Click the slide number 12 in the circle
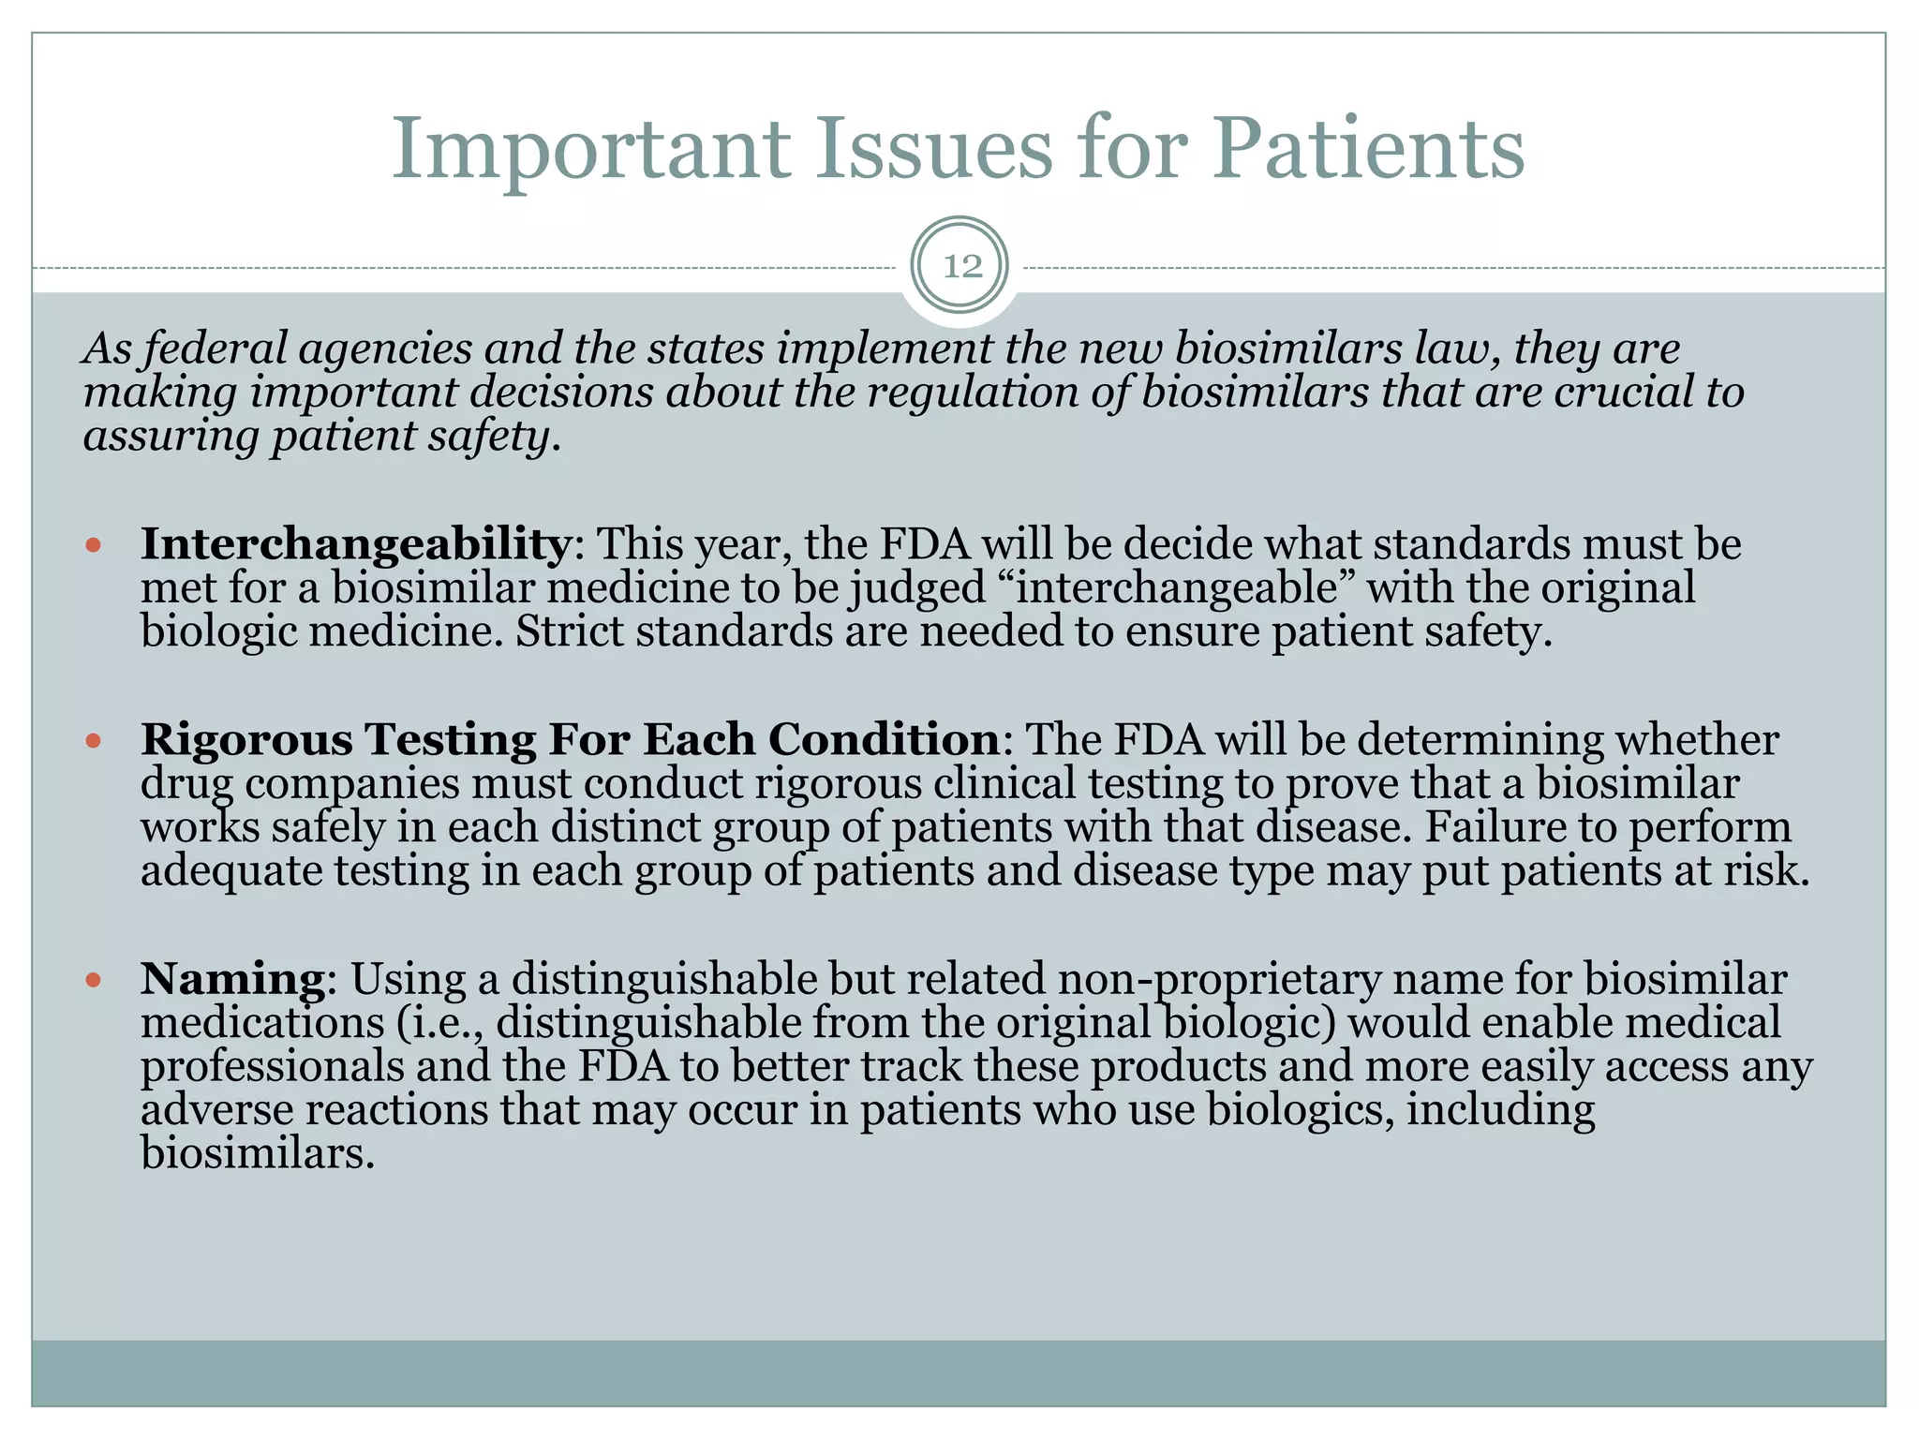(961, 267)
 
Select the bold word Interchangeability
(355, 544)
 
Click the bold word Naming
(232, 979)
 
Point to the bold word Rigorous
(246, 740)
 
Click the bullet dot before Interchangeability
(92, 544)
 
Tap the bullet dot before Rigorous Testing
(92, 740)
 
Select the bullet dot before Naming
(92, 980)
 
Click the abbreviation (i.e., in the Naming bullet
(439, 1023)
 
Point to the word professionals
(272, 1067)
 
